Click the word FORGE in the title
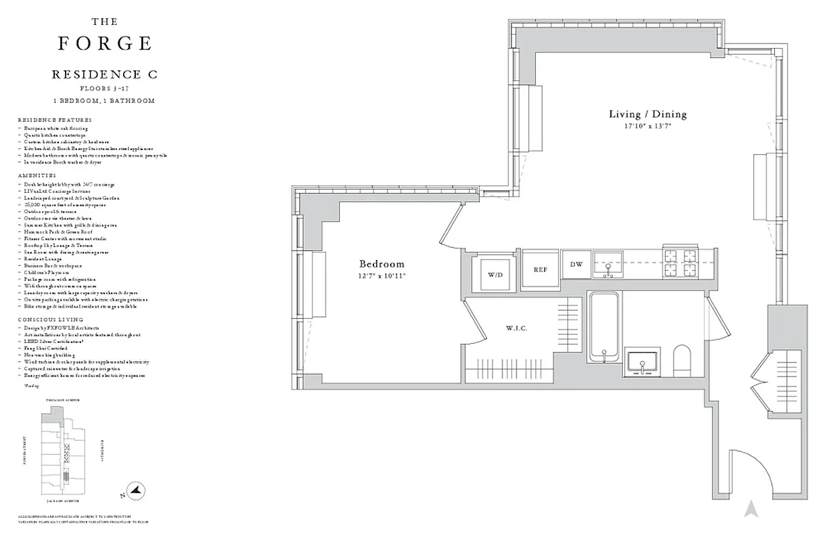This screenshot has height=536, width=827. click(104, 44)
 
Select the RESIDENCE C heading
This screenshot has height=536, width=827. click(104, 75)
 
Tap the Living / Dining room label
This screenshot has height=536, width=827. click(647, 114)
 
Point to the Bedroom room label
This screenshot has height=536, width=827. click(381, 264)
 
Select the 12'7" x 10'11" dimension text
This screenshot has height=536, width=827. click(381, 275)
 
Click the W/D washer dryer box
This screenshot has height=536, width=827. click(495, 273)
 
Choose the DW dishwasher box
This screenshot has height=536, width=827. click(576, 265)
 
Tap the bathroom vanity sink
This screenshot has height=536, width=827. click(642, 364)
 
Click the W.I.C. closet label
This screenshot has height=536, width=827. click(516, 328)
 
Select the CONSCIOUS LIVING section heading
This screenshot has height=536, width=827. click(50, 320)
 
